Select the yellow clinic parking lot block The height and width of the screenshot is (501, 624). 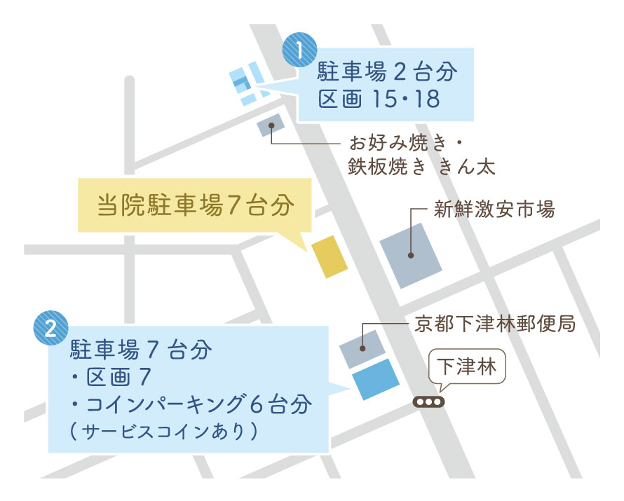point(329,256)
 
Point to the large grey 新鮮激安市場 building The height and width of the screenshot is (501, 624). point(411,255)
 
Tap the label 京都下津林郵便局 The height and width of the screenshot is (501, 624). point(494,324)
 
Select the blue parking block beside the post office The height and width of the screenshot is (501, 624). point(375,380)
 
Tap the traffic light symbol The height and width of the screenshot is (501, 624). point(428,403)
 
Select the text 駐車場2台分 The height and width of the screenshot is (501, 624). point(388,71)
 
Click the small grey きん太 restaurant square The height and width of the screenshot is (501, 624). point(270,125)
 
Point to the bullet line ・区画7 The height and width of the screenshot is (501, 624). point(111,378)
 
